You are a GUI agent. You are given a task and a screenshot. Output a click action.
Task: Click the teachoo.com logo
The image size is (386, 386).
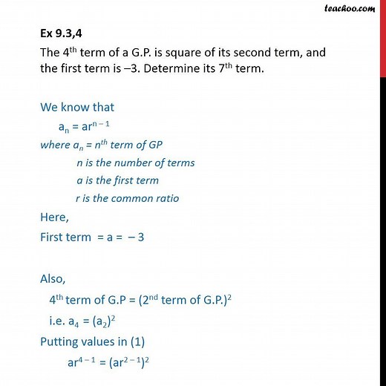pos(359,10)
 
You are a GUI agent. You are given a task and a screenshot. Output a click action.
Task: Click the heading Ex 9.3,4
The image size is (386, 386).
pos(66,38)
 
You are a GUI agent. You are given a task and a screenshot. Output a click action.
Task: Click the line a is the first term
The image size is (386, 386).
pos(117,180)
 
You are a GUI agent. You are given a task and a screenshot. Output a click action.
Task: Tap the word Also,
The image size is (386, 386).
pos(55,278)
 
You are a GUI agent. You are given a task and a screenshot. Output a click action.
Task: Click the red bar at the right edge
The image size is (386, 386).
pos(382,37)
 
